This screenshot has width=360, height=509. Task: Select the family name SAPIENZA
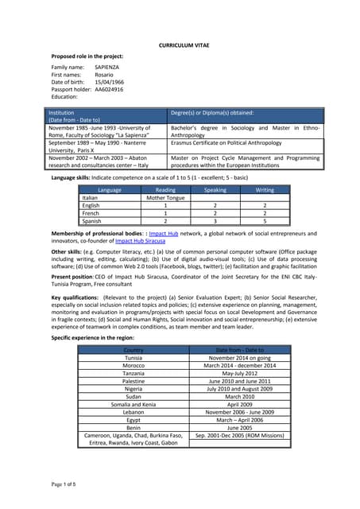[x=106, y=68]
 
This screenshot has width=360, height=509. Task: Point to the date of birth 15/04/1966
[x=109, y=82]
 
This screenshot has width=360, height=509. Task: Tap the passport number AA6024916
[x=110, y=89]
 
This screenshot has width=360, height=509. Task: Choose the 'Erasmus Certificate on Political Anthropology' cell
[x=226, y=143]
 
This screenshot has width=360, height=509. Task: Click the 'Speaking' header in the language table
[x=215, y=190]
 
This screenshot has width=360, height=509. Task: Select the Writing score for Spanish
[x=265, y=220]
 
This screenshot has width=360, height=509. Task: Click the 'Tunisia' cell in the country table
[x=134, y=358]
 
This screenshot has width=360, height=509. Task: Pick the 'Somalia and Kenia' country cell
[x=134, y=404]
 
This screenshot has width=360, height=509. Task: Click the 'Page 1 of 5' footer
[x=64, y=484]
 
